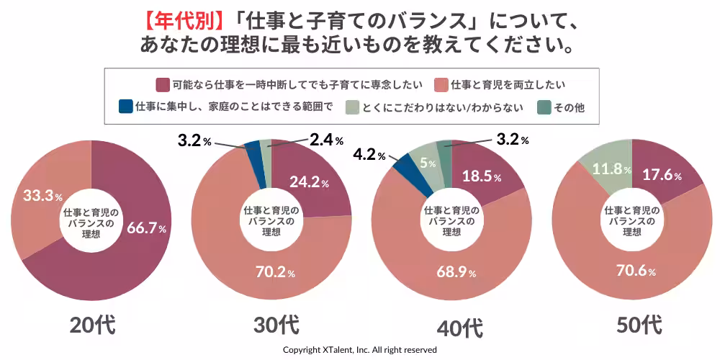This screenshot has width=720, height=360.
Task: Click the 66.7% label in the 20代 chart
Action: (147, 228)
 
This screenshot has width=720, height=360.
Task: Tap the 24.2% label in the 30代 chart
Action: (309, 183)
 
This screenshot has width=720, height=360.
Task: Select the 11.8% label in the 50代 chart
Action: (611, 170)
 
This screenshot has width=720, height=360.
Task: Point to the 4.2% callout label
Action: (369, 153)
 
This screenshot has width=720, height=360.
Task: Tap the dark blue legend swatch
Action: (125, 107)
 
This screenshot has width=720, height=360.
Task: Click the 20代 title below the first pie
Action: (92, 325)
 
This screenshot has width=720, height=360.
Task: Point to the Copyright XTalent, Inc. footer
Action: (359, 349)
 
